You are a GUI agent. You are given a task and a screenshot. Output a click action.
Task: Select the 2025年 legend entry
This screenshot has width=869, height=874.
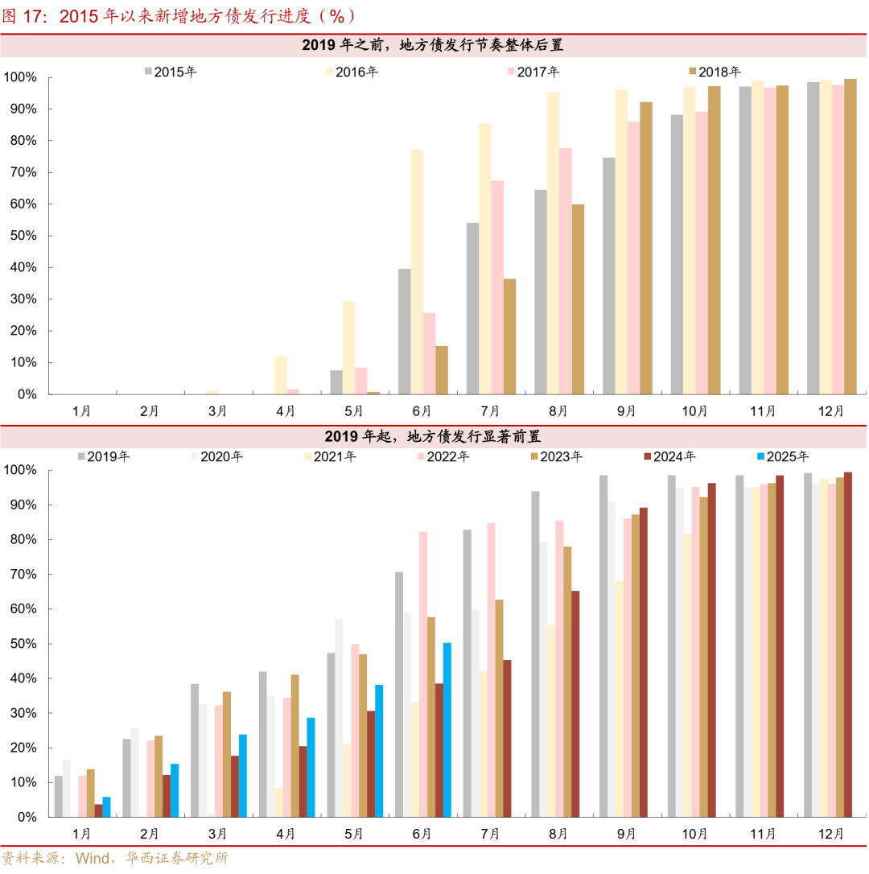(786, 456)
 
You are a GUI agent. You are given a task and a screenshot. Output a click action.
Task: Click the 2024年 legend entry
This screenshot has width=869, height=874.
(673, 456)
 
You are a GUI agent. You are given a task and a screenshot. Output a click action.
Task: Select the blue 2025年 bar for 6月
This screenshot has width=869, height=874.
(447, 729)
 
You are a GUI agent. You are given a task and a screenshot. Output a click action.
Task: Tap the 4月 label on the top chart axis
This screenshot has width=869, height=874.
(286, 410)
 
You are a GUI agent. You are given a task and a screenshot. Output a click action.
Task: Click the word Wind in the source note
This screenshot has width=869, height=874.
(93, 859)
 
